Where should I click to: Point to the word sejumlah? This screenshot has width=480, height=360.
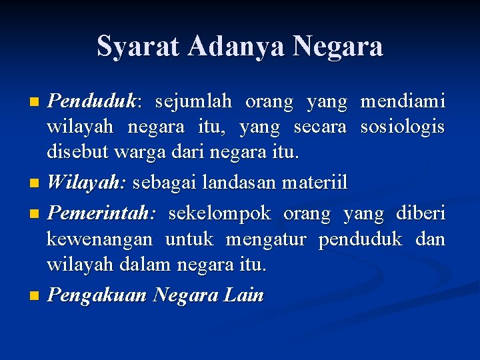193,102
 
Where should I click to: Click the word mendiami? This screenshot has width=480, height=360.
403,102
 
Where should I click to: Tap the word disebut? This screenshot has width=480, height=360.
71,153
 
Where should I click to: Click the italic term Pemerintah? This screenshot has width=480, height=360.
101,214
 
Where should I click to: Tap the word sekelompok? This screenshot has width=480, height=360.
219,214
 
